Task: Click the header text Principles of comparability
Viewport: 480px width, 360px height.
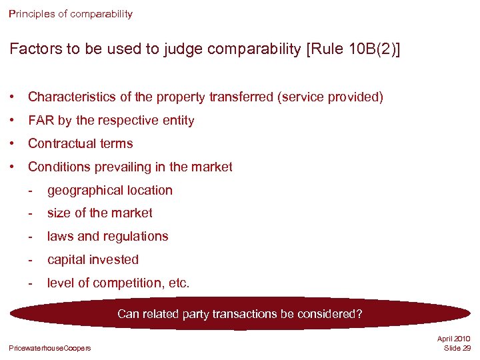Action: pos(71,13)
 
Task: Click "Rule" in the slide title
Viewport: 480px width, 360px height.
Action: pos(327,50)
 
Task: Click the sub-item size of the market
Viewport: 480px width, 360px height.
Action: pos(100,213)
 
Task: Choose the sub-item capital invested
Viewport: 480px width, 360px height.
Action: pos(93,260)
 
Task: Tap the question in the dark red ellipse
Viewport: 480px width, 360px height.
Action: pos(240,313)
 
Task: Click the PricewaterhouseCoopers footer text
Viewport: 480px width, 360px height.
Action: pos(50,348)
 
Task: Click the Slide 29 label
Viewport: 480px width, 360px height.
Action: pos(457,349)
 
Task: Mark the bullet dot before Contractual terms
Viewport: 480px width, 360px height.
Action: pos(13,144)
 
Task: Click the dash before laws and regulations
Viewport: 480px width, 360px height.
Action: pos(31,237)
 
